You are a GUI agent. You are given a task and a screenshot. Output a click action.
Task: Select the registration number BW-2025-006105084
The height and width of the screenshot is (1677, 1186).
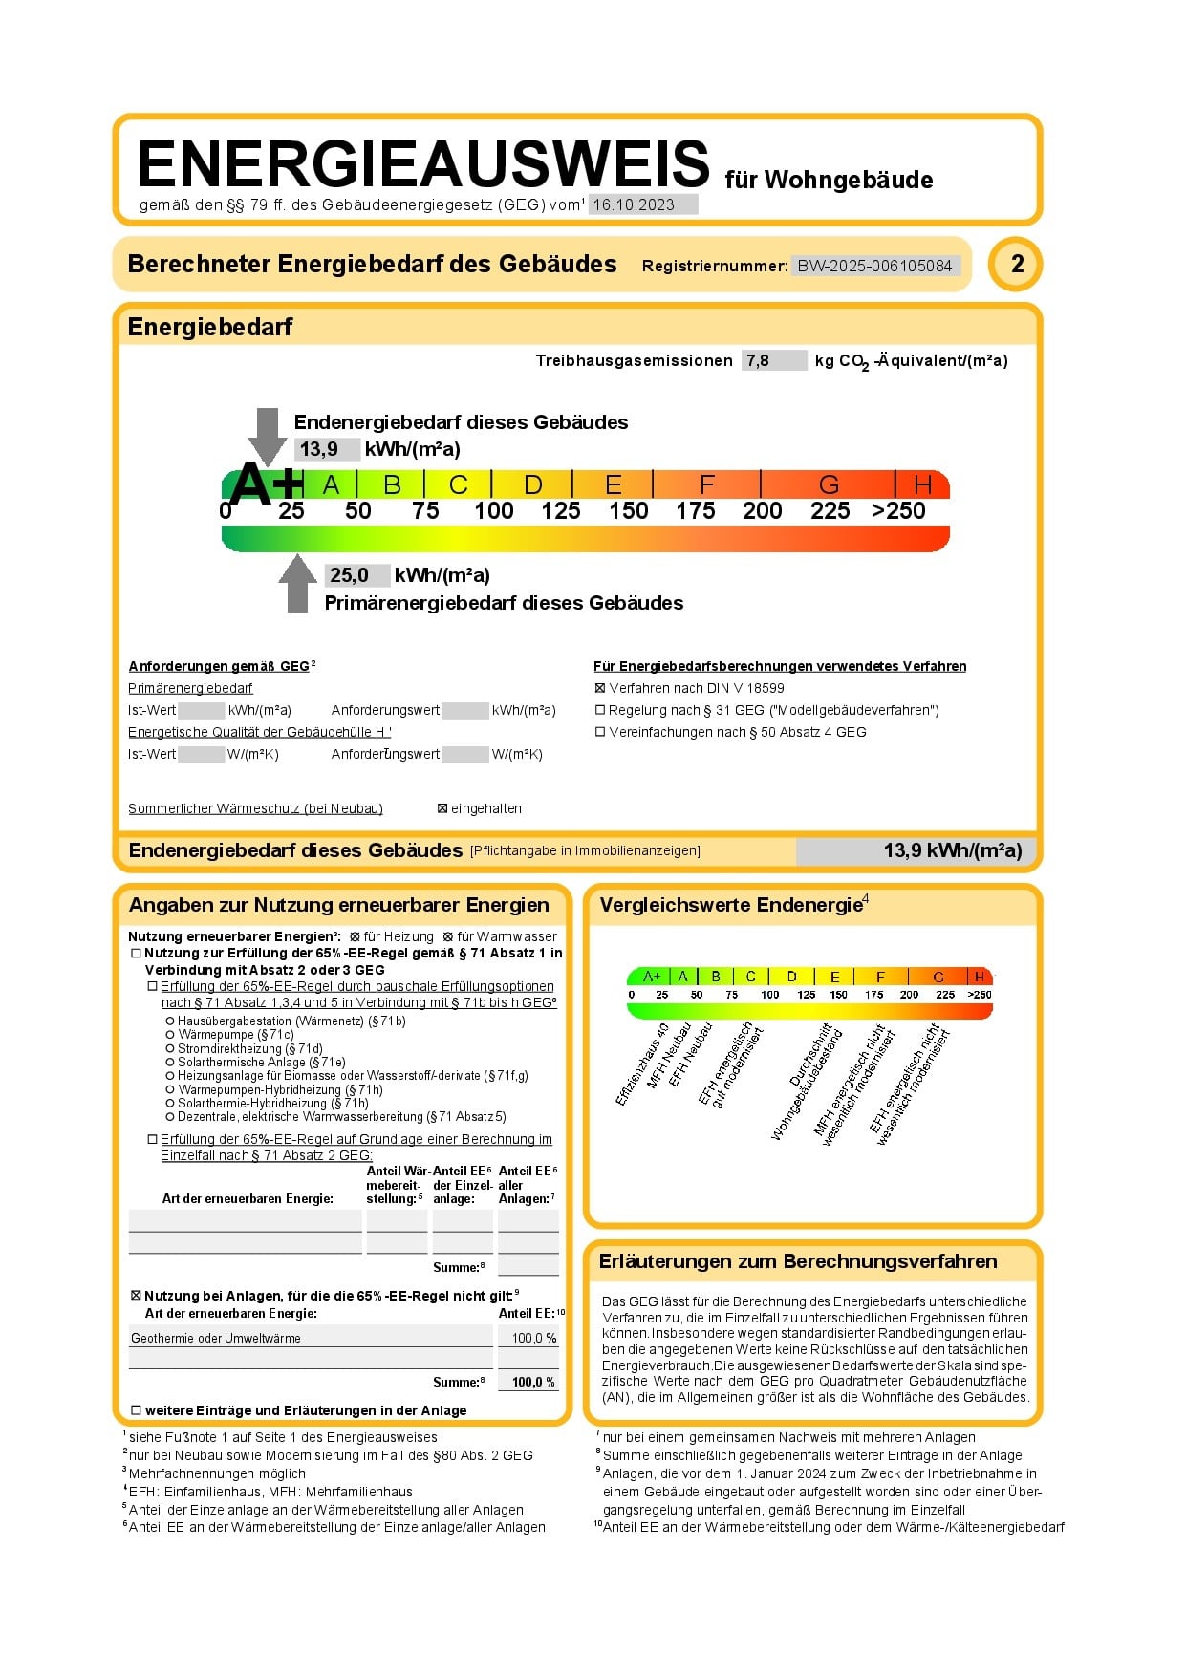click(x=874, y=266)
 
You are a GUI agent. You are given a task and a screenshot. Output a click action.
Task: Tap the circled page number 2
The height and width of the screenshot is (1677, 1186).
click(x=1017, y=264)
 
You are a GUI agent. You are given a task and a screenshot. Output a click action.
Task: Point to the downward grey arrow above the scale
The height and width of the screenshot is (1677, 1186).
click(x=268, y=435)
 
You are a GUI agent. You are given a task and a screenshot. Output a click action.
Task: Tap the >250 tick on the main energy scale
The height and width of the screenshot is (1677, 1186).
click(x=898, y=511)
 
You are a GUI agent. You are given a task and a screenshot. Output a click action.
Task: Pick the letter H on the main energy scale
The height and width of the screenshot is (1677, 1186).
click(x=922, y=484)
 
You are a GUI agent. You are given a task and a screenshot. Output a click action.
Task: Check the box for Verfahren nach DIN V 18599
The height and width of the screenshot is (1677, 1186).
click(x=600, y=688)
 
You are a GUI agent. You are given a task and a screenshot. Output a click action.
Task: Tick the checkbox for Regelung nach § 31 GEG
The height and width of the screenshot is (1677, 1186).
click(x=600, y=710)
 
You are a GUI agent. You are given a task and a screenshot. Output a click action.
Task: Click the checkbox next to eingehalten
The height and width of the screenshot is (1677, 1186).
click(x=442, y=808)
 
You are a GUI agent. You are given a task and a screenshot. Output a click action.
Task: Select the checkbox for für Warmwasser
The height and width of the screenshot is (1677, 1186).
click(x=448, y=937)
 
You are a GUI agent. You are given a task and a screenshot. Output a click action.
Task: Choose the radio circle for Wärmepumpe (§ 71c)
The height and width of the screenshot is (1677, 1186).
click(x=170, y=1035)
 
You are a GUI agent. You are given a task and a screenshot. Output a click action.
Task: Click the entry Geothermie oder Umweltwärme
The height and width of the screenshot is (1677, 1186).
click(x=216, y=1338)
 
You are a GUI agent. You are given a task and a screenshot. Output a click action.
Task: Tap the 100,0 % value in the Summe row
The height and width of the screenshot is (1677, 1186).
click(x=533, y=1382)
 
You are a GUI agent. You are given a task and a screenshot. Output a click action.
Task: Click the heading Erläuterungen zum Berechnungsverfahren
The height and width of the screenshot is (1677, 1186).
click(x=798, y=1261)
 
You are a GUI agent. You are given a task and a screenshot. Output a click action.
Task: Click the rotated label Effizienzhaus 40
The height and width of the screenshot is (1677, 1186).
click(x=641, y=1064)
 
